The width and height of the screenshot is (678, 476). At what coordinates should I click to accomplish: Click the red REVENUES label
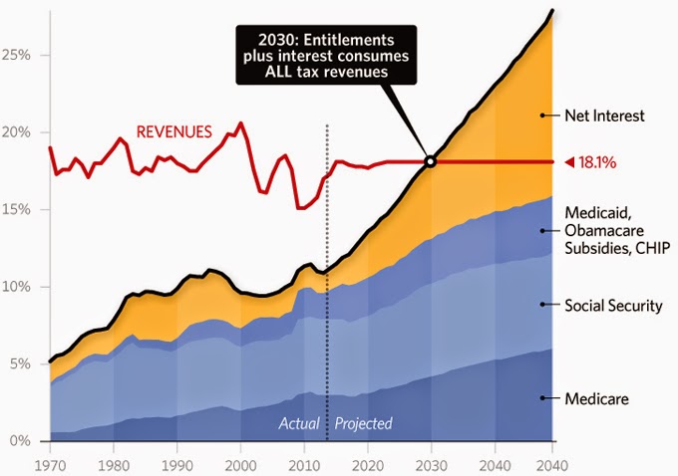[x=173, y=130]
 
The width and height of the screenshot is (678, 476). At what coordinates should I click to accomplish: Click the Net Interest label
[x=605, y=116]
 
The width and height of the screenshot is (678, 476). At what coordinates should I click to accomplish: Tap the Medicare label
[x=595, y=398]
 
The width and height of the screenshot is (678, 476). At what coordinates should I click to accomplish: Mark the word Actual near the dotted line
[x=299, y=423]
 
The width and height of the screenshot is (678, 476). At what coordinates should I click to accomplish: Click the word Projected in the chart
[x=364, y=423]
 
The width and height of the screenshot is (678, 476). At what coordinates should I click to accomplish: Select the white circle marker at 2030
[x=430, y=161]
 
